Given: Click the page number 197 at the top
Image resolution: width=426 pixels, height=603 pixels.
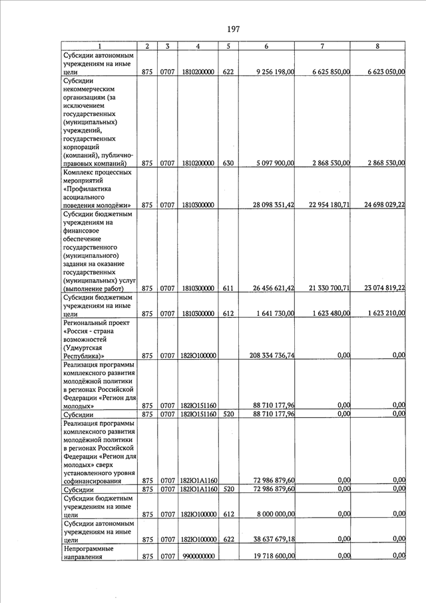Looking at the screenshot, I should pos(233,29).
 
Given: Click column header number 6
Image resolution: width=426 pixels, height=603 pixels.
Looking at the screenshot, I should pos(266,46).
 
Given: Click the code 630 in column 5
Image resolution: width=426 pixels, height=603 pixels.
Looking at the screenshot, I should pos(228,163).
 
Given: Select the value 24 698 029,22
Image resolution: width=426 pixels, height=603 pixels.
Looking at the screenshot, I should pos(380,205).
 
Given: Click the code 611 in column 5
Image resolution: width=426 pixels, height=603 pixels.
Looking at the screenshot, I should pos(228,289).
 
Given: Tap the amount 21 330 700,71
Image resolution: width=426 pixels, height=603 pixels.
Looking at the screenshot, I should pos(324,289).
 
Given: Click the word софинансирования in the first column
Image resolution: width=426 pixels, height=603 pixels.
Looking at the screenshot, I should pos(93,480).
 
